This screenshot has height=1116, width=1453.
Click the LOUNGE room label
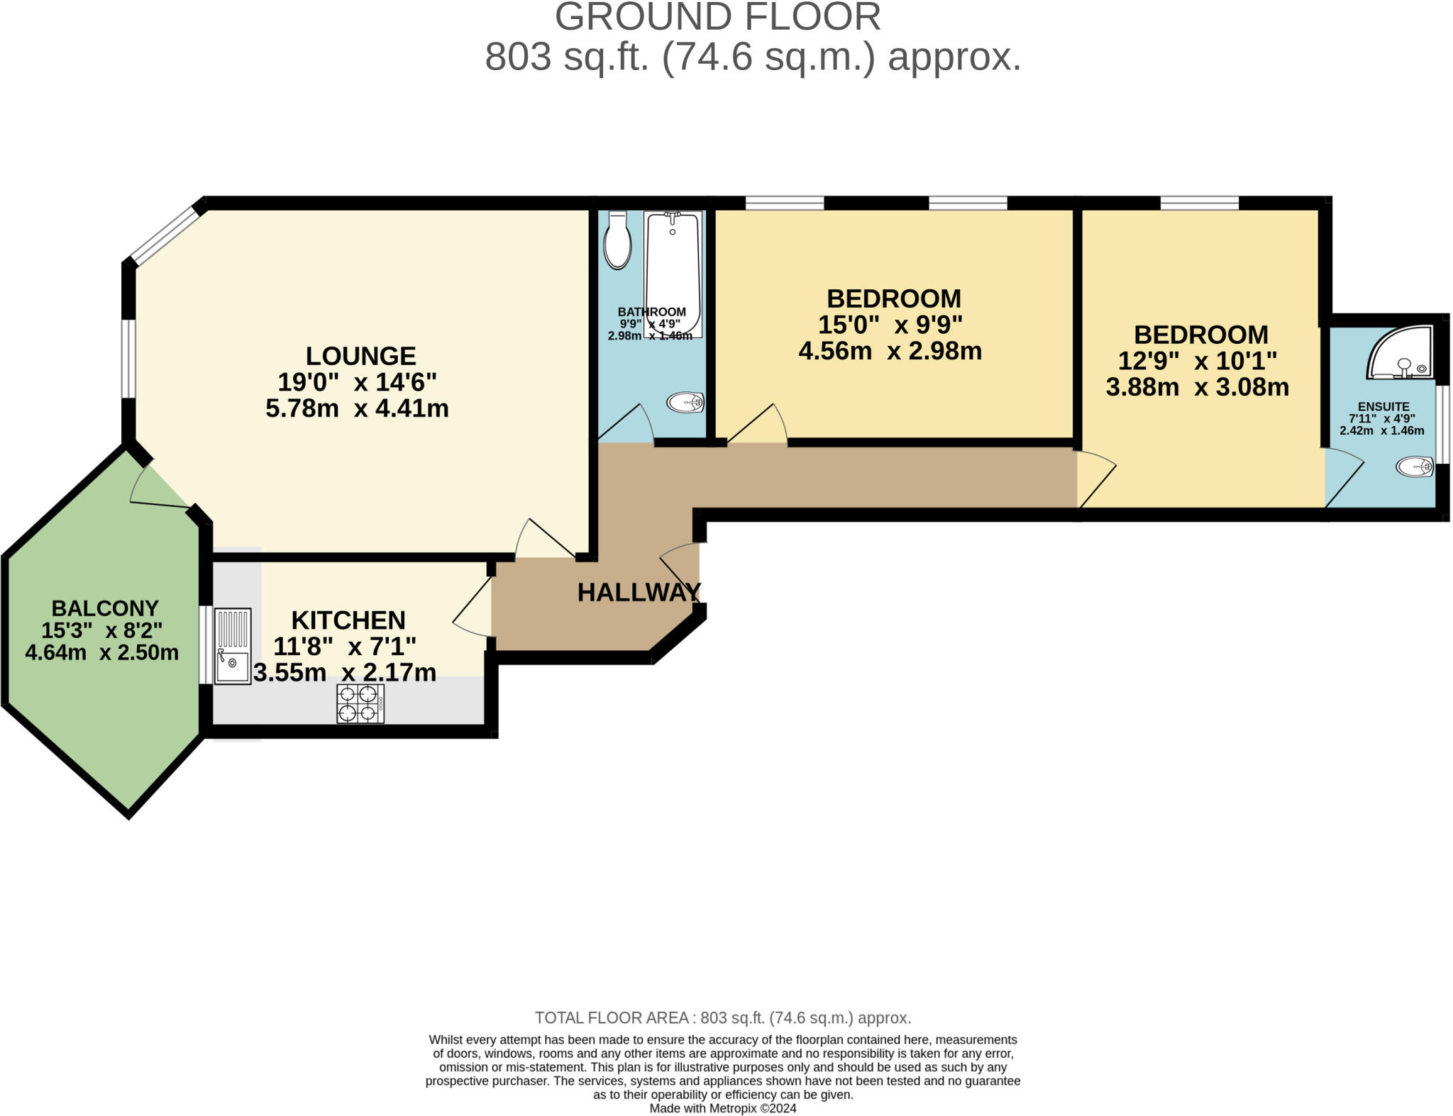click(x=360, y=356)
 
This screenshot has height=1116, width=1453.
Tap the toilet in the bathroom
click(x=617, y=241)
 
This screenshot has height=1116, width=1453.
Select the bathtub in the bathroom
click(x=673, y=273)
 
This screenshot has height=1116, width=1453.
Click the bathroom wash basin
click(x=685, y=403)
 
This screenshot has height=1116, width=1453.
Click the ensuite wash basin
click(x=1415, y=467)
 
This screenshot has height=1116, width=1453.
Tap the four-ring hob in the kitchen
click(x=360, y=703)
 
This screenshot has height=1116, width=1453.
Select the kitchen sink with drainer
click(x=233, y=646)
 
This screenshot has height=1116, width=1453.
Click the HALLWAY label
click(x=639, y=593)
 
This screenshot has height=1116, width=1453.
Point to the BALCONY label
click(x=105, y=608)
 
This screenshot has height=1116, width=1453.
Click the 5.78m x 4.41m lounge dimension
click(x=357, y=409)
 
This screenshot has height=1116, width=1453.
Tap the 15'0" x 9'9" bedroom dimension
click(x=890, y=325)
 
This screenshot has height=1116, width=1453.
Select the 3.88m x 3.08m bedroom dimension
click(x=1197, y=387)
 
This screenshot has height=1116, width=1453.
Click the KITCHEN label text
click(x=348, y=620)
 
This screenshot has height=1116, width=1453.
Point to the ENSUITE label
click(x=1383, y=407)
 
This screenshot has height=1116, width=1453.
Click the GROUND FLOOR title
click(x=717, y=17)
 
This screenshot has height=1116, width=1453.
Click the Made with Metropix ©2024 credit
click(x=722, y=1108)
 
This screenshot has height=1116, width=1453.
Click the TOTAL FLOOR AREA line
click(x=722, y=1018)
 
